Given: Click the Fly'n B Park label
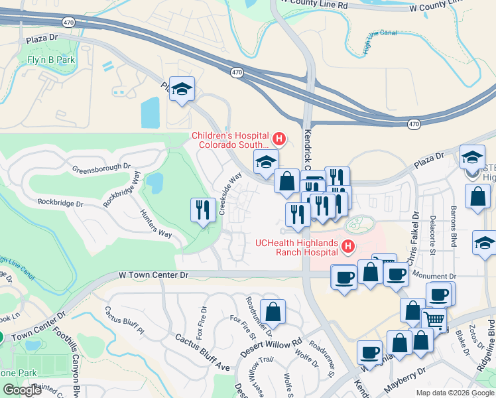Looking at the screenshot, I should pyautogui.click(x=50, y=60).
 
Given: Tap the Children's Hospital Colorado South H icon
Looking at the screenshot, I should pyautogui.click(x=279, y=139).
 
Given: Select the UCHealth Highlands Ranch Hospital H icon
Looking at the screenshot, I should pyautogui.click(x=347, y=247).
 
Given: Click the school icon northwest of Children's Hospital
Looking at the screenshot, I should pyautogui.click(x=181, y=89).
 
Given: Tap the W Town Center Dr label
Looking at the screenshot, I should pyautogui.click(x=154, y=274).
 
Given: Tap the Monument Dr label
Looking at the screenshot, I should pyautogui.click(x=434, y=275).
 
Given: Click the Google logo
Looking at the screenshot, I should pyautogui.click(x=22, y=390).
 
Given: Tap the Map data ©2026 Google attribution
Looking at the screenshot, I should pyautogui.click(x=454, y=393).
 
